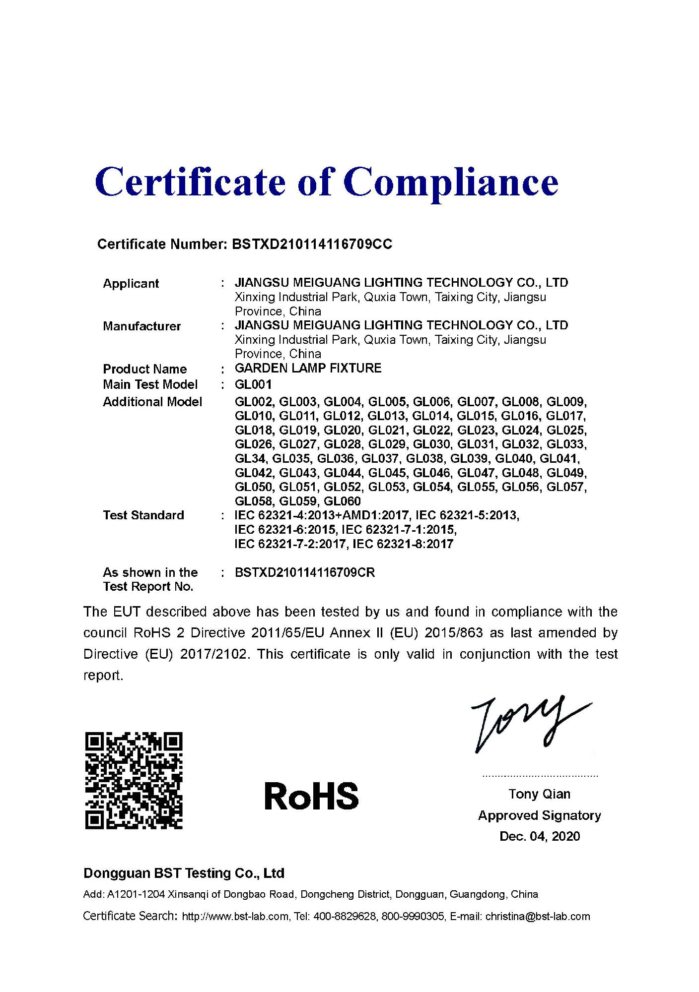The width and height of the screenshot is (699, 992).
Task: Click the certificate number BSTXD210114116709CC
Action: pos(312,244)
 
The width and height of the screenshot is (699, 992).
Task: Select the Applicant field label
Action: pos(131,284)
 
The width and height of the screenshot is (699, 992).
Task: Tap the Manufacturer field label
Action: pos(141,326)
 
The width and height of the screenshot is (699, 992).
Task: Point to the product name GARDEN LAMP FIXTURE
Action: pos(308,368)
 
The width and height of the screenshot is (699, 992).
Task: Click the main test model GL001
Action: pos(253,384)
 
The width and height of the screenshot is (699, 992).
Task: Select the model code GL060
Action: pos(342,501)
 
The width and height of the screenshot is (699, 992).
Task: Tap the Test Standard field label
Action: pos(143,515)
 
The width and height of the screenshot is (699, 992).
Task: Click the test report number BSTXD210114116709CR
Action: pos(304,572)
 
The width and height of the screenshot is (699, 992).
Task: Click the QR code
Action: pos(134,780)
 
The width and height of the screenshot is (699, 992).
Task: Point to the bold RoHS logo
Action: pos(311,796)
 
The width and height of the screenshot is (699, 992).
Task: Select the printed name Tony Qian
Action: pos(539,794)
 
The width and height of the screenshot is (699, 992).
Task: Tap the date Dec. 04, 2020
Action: pos(539,836)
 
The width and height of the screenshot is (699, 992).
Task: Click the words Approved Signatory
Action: pos(539,815)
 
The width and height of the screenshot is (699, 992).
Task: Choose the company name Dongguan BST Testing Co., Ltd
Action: pos(184,873)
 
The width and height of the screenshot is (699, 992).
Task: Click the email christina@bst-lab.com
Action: pos(538,916)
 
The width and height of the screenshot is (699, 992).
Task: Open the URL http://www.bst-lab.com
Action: pos(235,916)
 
